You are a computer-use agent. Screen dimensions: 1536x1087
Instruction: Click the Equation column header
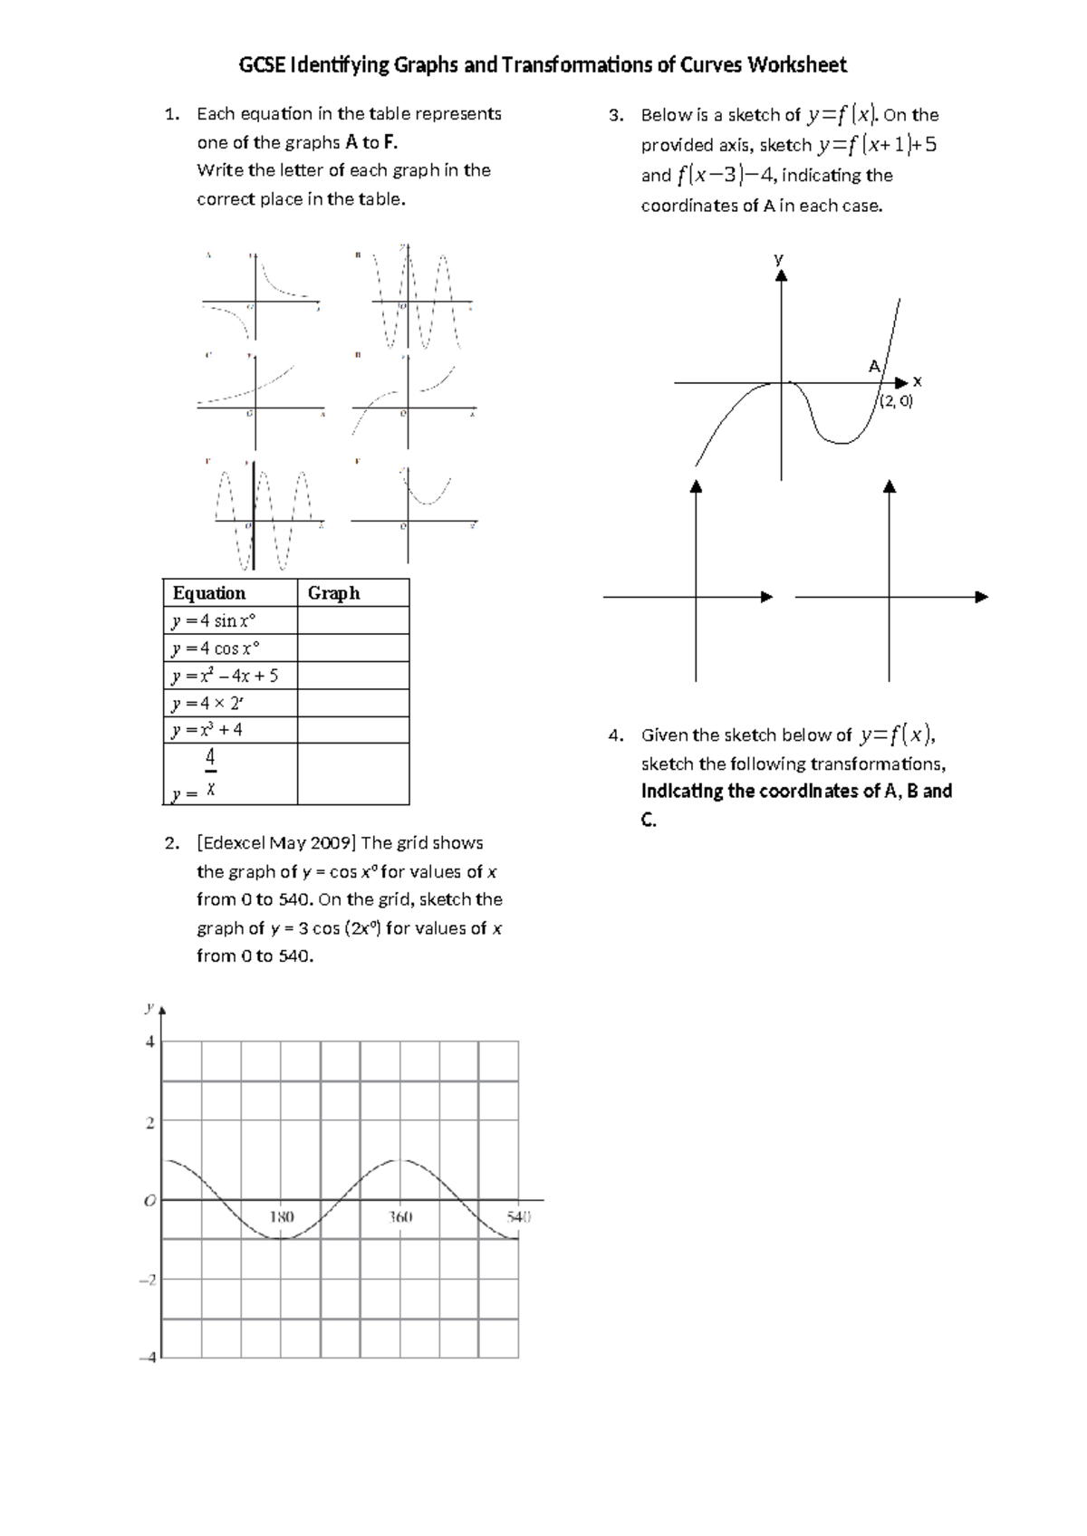pos(209,593)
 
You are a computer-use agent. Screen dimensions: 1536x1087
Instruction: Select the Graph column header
pos(333,593)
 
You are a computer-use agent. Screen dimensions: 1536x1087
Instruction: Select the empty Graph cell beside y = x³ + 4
pos(353,730)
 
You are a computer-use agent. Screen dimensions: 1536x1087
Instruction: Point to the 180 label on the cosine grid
pos(282,1217)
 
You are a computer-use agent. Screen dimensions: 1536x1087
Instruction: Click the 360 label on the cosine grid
pos(400,1217)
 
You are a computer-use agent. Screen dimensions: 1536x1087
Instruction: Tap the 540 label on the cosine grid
pos(517,1217)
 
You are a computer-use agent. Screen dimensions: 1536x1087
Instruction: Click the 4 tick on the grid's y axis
pos(150,1042)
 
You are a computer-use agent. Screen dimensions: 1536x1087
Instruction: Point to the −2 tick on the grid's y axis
pos(148,1280)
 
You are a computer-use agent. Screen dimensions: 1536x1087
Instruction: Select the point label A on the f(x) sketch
pos(873,367)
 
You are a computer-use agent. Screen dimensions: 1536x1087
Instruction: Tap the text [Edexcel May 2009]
pos(275,843)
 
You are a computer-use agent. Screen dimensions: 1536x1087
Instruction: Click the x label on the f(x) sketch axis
pos(917,381)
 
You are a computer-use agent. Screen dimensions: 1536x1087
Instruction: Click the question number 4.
pos(616,735)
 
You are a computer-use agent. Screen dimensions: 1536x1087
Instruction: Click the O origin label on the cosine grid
pos(149,1201)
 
